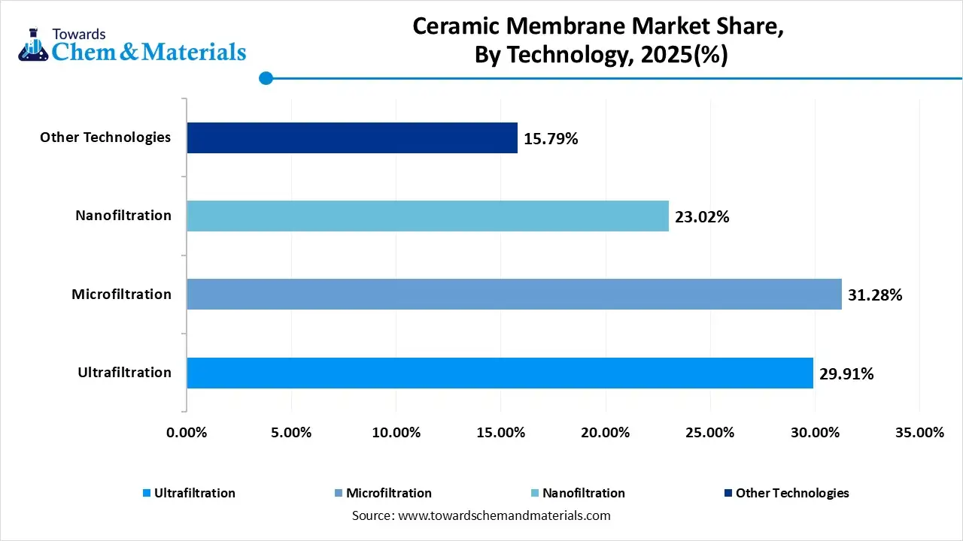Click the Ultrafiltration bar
pos(500,373)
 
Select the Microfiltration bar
pos(514,294)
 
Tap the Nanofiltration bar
pos(427,216)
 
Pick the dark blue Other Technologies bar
pos(352,138)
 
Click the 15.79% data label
pos(551,138)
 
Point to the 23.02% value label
pos(702,217)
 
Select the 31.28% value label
pos(874,295)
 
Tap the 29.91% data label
pos(846,373)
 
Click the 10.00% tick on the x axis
pos(396,433)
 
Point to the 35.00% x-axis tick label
pos(919,433)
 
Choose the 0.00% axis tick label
pos(186,433)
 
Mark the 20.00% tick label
pos(605,433)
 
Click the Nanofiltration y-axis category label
pos(123,216)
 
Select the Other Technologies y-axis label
pos(105,138)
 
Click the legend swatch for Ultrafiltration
pos(146,494)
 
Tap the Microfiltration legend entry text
pos(388,493)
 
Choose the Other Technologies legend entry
pos(791,493)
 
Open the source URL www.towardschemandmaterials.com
pos(503,515)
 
